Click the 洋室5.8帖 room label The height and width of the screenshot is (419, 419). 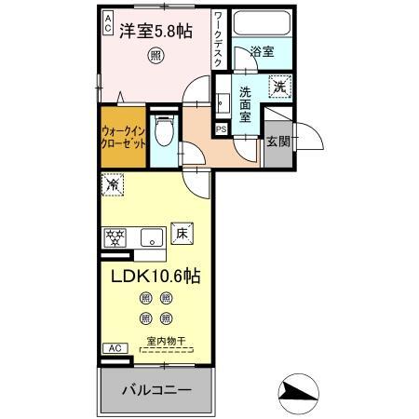click(155, 30)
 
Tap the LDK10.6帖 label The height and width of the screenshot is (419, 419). click(156, 276)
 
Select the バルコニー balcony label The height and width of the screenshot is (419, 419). click(156, 388)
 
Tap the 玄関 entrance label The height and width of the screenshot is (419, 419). click(277, 142)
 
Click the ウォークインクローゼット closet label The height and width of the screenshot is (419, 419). click(123, 139)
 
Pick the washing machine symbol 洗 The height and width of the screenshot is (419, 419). click(278, 87)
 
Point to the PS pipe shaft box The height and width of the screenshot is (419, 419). click(222, 128)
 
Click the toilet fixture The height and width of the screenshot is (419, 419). click(163, 130)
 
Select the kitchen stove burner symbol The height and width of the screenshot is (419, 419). click(115, 237)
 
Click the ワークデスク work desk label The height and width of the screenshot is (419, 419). click(217, 37)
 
